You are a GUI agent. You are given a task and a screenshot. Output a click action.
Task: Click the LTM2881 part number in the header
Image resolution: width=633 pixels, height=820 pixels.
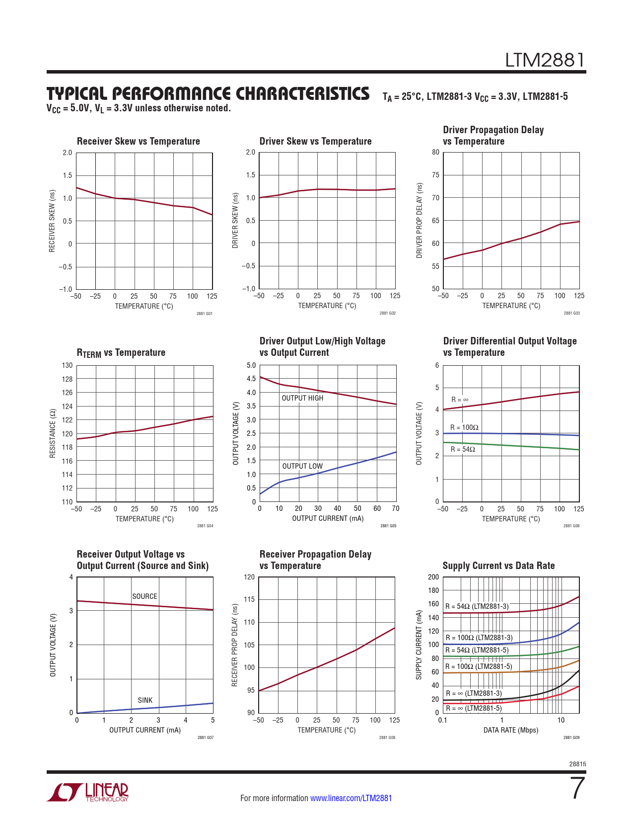(x=545, y=61)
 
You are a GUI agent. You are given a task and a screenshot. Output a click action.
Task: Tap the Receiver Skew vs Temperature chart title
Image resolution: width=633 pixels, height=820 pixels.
(x=138, y=141)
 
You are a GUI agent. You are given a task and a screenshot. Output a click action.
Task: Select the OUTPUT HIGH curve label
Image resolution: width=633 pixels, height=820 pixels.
(x=302, y=398)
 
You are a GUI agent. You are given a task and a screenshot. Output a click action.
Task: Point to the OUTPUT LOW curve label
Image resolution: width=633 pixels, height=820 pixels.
(x=302, y=466)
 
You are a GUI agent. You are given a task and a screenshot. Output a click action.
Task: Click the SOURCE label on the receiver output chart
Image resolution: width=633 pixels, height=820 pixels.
(x=144, y=596)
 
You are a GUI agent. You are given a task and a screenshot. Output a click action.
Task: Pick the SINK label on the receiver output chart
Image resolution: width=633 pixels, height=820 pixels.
(x=145, y=700)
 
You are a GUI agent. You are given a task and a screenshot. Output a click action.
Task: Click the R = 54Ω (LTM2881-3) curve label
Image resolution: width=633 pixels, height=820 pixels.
(x=477, y=606)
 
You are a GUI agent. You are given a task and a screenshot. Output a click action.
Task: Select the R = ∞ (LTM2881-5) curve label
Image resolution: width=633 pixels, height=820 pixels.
(x=474, y=708)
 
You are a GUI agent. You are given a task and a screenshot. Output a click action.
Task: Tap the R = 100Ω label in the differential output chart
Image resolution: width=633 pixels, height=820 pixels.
(x=464, y=427)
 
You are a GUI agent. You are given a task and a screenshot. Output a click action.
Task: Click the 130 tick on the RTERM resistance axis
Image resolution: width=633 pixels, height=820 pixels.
(x=67, y=365)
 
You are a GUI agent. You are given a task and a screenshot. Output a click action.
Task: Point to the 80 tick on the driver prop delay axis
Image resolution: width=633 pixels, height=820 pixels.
(x=435, y=152)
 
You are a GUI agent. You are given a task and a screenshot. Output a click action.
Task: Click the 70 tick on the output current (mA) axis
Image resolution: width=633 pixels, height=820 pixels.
(x=396, y=508)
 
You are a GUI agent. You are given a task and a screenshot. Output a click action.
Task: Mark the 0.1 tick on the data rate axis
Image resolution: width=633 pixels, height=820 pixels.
(x=442, y=720)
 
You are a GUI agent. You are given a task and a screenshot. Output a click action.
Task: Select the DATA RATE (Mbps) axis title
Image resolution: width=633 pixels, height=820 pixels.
(x=511, y=730)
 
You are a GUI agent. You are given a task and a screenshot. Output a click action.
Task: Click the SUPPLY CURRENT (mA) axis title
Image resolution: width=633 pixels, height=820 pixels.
(x=419, y=645)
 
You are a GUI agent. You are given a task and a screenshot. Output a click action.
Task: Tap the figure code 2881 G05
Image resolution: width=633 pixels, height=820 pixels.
(x=388, y=526)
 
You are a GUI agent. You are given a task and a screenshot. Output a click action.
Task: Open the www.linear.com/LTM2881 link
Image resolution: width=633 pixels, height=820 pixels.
(x=351, y=798)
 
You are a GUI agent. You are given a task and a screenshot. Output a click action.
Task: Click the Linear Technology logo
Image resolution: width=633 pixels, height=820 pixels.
(x=88, y=792)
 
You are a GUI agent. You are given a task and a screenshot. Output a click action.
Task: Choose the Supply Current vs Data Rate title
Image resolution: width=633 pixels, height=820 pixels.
(x=498, y=566)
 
